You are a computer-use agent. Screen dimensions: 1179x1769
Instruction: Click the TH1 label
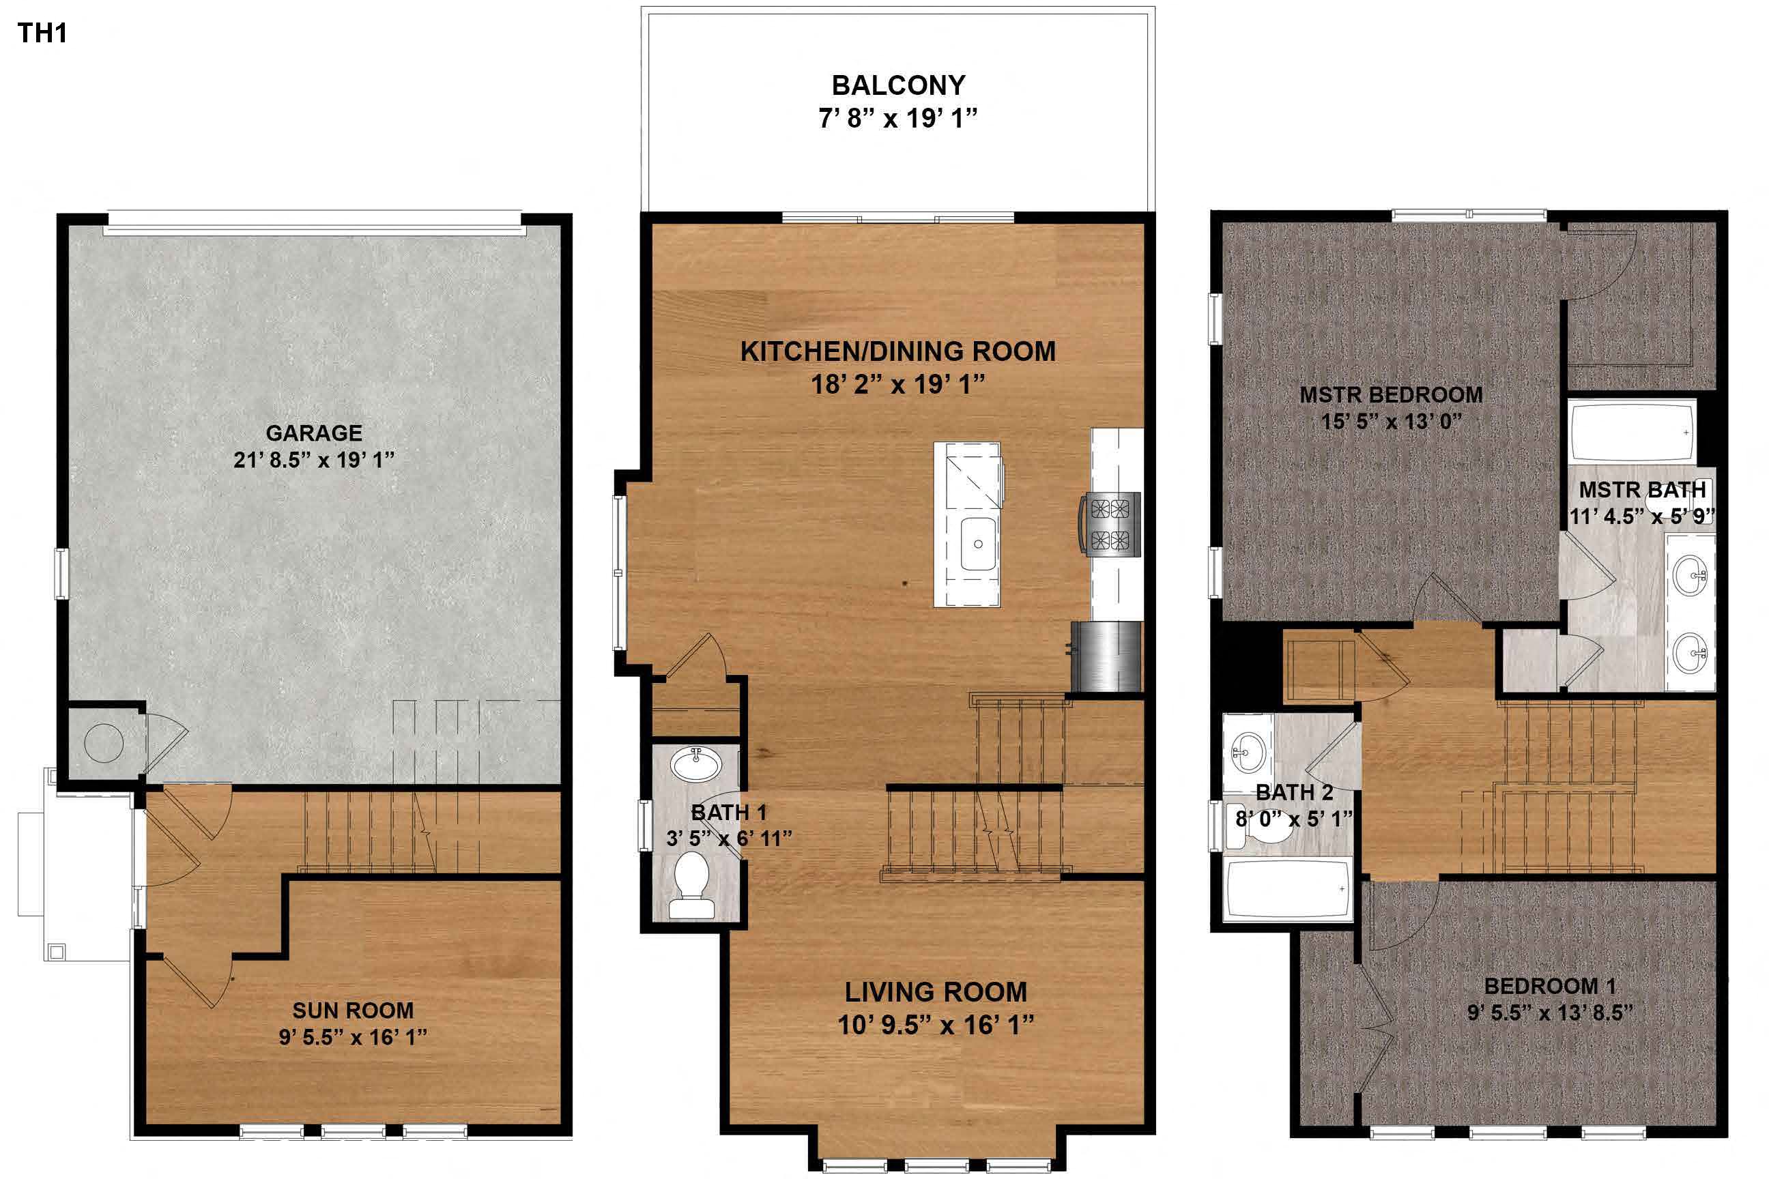click(x=42, y=33)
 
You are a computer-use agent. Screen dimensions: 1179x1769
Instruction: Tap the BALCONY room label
click(x=898, y=86)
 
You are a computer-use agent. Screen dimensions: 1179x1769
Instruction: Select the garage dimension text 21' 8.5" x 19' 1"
click(x=314, y=459)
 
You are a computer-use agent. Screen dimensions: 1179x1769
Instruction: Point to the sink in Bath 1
click(x=696, y=765)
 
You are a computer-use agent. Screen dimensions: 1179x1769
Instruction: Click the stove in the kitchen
click(x=1111, y=524)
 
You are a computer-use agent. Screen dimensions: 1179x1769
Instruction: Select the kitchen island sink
click(x=979, y=543)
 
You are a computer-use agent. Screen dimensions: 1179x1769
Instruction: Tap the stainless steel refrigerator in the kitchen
click(x=1106, y=656)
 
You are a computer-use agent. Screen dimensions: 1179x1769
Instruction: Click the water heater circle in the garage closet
click(x=104, y=743)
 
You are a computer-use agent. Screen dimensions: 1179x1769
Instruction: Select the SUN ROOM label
click(x=353, y=1010)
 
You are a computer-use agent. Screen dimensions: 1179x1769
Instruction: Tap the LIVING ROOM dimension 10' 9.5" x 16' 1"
click(x=936, y=1024)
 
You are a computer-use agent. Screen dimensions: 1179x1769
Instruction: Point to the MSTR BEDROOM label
click(x=1391, y=395)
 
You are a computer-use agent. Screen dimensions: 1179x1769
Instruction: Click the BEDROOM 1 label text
click(x=1549, y=986)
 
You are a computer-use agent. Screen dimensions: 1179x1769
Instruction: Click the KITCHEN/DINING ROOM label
click(x=898, y=351)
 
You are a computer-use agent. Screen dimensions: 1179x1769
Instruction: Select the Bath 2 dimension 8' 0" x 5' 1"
click(x=1294, y=819)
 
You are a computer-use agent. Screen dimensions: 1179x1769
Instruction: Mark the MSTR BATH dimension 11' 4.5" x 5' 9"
click(x=1641, y=516)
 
